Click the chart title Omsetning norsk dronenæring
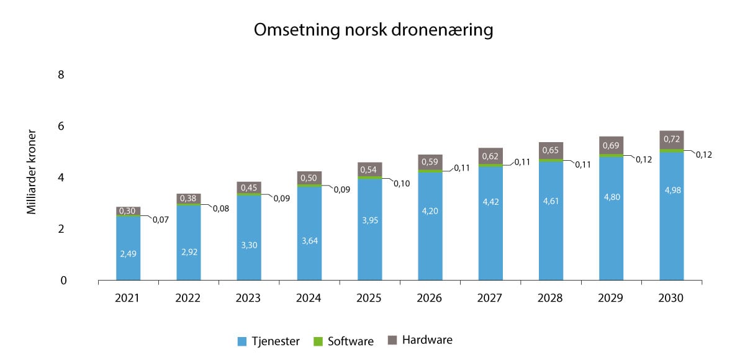373,31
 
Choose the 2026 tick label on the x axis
430,298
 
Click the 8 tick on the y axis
61,75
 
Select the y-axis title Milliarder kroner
32,172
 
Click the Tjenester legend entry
269,341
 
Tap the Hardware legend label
427,340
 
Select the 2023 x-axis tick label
248,298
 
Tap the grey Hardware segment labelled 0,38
188,199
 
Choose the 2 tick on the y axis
61,229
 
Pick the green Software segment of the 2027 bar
490,166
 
